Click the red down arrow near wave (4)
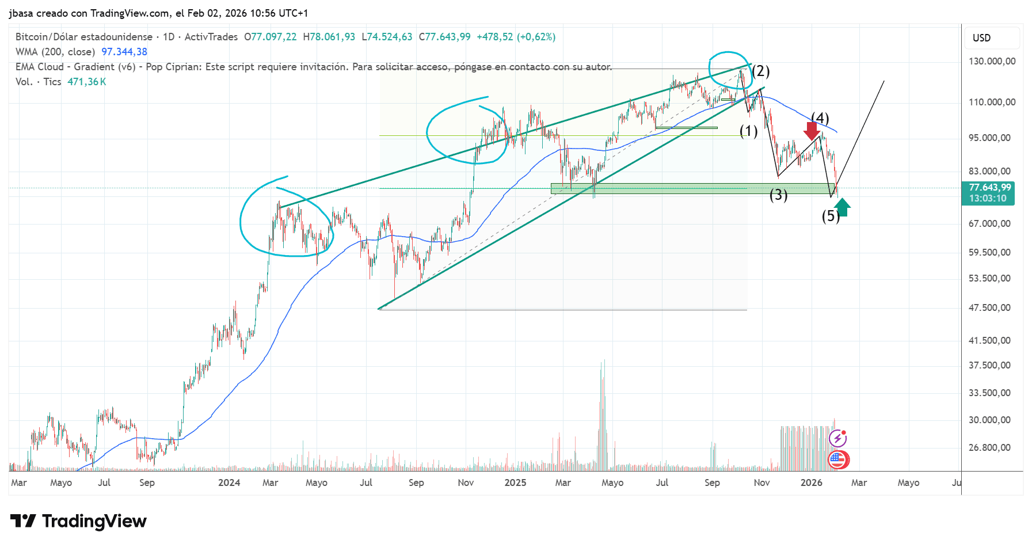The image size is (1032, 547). click(812, 131)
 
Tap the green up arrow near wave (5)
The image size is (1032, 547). click(842, 207)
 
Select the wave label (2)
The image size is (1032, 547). click(760, 71)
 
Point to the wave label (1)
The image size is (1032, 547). click(748, 131)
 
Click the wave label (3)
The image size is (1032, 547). click(778, 195)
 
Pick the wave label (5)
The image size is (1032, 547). click(830, 216)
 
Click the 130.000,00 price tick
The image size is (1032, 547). click(992, 61)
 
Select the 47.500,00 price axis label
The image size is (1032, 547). click(989, 307)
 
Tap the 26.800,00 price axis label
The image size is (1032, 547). click(989, 447)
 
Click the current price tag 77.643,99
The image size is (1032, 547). click(989, 188)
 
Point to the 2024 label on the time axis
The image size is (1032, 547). click(229, 483)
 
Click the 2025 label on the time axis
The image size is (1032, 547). click(515, 483)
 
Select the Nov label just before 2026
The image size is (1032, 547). click(761, 483)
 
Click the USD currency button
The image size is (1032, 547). click(982, 38)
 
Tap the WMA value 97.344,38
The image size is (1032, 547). click(124, 52)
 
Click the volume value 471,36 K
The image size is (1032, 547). click(87, 82)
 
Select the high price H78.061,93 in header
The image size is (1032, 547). click(329, 37)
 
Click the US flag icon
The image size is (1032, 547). click(838, 459)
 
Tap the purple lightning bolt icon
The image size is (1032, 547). click(838, 439)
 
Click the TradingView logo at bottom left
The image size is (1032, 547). click(78, 521)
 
